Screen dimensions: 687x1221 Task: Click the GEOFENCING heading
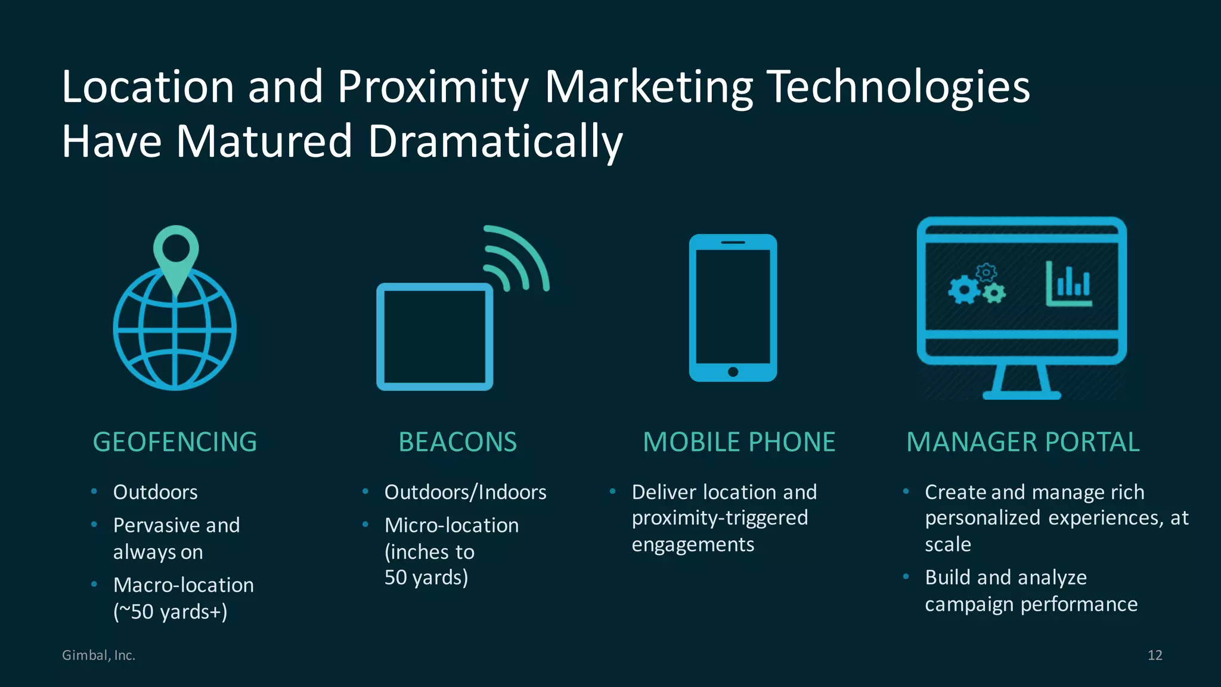175,442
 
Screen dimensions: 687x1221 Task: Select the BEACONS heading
457,442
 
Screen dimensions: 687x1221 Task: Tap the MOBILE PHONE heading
739,442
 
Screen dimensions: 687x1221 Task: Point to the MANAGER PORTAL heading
1022,442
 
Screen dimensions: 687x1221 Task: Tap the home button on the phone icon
733,372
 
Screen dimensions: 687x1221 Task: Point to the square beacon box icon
435,337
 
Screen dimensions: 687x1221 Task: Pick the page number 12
1155,655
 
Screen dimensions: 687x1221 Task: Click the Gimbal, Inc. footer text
99,655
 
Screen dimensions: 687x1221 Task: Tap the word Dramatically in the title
495,141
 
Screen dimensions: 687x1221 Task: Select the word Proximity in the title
433,87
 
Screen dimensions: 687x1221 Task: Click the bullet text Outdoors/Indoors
465,492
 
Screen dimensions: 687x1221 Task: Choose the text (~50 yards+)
171,612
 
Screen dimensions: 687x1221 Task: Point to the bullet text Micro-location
451,525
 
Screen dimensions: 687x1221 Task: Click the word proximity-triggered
720,518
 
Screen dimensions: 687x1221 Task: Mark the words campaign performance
1031,604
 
